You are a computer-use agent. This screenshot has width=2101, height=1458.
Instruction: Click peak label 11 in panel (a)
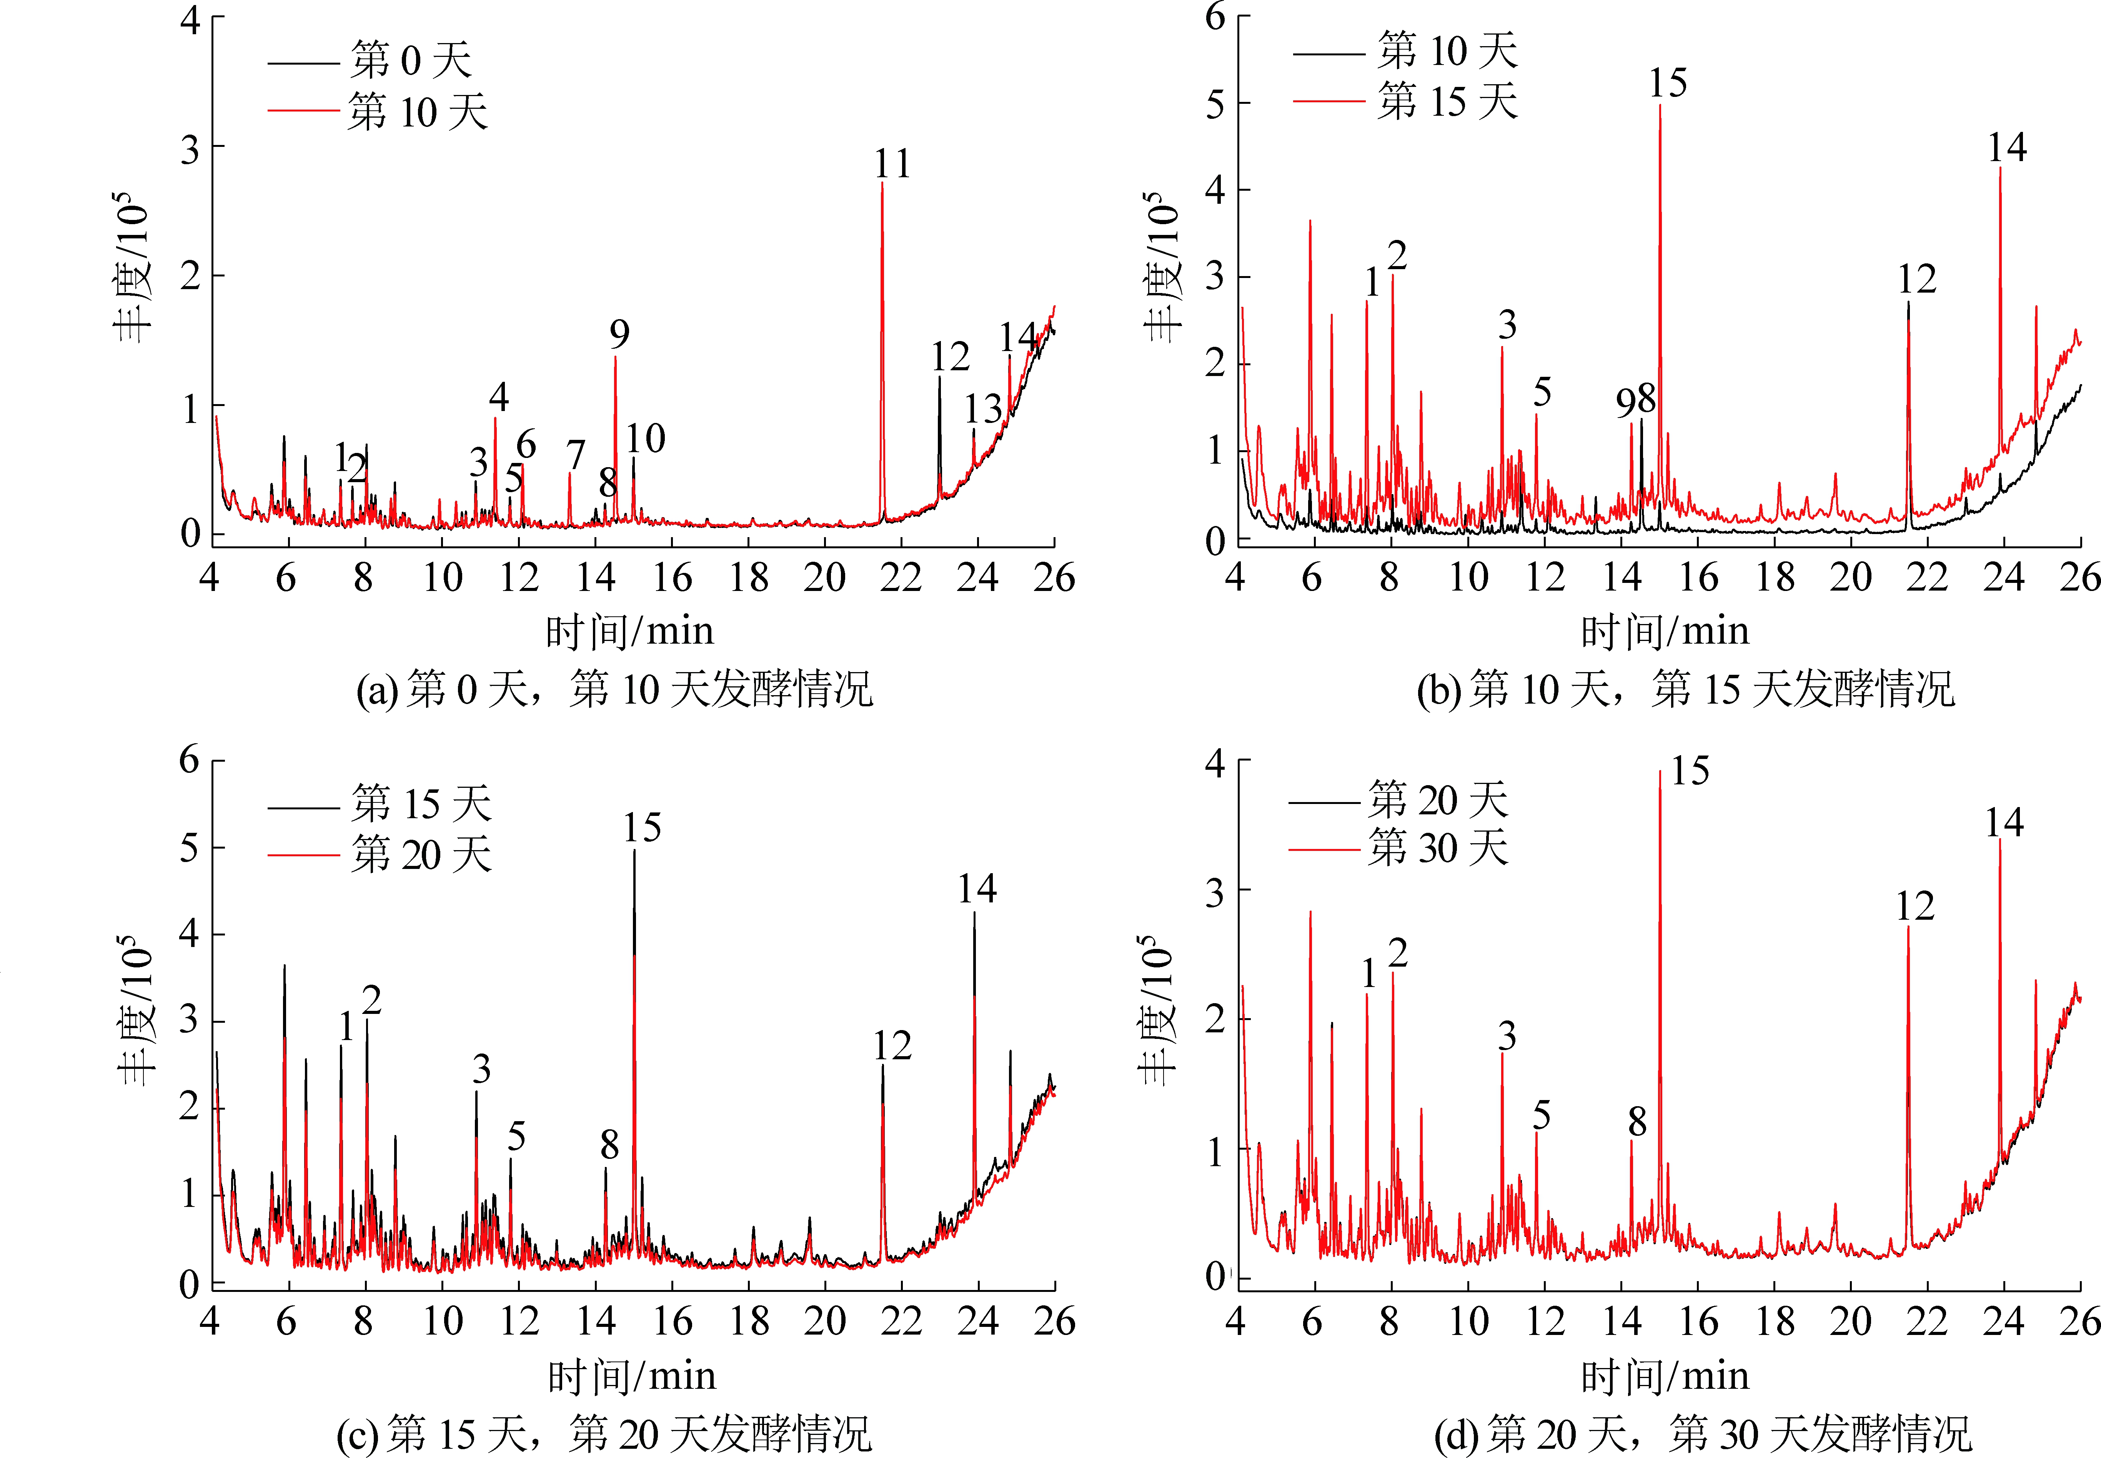(x=892, y=165)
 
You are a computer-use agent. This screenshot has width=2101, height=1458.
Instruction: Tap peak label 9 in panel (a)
(x=619, y=335)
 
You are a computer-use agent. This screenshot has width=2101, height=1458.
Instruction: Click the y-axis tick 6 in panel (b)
(x=1215, y=17)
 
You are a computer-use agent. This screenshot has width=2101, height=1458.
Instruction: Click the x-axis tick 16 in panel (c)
(x=672, y=1321)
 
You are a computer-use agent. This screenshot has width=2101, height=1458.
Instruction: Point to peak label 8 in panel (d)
(x=1637, y=1122)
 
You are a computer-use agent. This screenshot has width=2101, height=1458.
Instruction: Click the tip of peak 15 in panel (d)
(x=1660, y=772)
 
